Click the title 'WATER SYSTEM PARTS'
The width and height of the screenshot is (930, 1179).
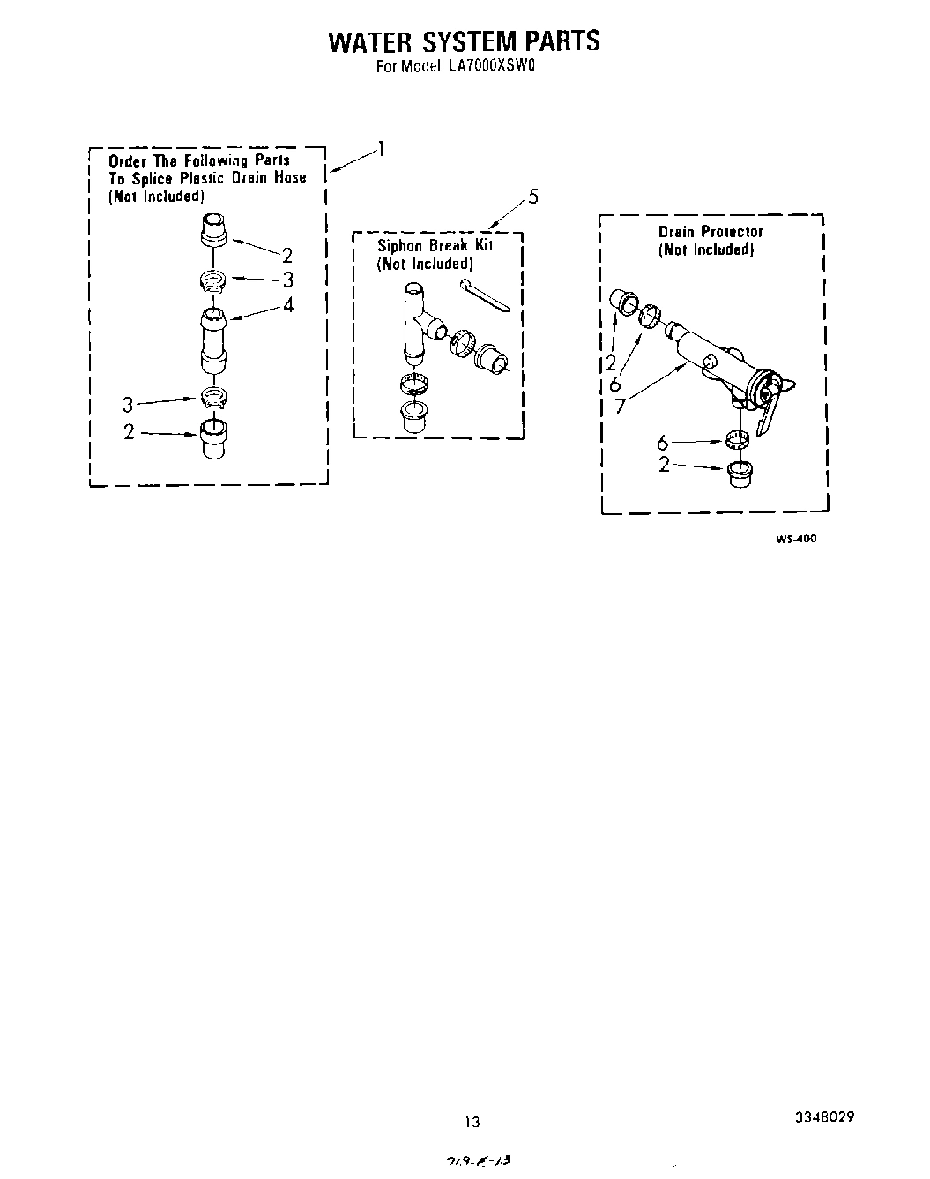(464, 41)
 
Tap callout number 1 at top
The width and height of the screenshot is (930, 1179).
(381, 148)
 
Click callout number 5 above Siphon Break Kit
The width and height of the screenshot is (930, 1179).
(532, 197)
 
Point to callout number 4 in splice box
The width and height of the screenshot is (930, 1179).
(287, 305)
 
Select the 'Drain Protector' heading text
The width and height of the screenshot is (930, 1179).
(711, 232)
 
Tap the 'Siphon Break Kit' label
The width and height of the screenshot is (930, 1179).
(435, 246)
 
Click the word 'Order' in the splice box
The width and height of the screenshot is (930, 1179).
(126, 160)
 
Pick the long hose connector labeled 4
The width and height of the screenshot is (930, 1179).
(212, 339)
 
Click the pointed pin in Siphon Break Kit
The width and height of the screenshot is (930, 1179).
(484, 295)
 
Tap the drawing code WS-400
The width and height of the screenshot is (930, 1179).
(795, 539)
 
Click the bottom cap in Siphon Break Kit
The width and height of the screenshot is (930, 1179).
(412, 417)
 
